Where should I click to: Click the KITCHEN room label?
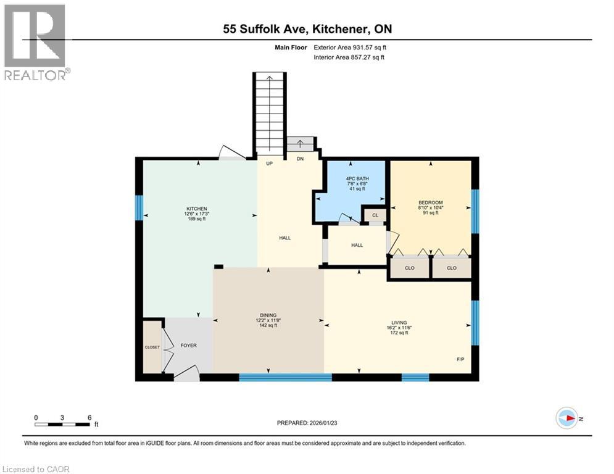[197, 209]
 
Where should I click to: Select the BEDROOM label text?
[431, 202]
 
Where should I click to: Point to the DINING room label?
[268, 314]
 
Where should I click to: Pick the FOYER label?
[189, 346]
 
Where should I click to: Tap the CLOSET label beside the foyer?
[152, 347]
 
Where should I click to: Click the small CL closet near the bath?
[375, 215]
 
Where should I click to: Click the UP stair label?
[270, 164]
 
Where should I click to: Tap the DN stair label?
[301, 159]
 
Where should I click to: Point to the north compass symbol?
[567, 418]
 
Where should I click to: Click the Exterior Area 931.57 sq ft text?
[349, 47]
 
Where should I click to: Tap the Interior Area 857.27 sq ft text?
[349, 57]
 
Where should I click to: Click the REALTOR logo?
[35, 42]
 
